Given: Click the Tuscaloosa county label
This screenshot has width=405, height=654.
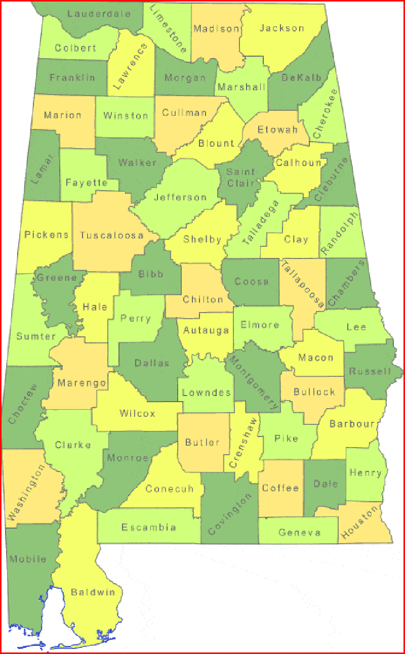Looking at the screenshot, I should point(111,235).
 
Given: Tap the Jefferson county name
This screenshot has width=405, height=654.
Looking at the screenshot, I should point(180,197).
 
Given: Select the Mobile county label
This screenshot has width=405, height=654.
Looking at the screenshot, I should point(27,559).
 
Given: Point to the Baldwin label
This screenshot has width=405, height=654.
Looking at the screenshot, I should point(93,592).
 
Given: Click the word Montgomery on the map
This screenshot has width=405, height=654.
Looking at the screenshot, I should point(253,382).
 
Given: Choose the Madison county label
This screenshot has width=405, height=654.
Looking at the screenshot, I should point(216,29).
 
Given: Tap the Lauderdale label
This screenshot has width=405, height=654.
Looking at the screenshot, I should point(99,14).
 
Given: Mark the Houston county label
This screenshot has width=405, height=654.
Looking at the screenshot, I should point(360,522).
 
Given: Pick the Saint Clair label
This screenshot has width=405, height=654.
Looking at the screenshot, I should point(241,177).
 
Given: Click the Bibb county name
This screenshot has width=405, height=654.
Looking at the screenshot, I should point(151,274).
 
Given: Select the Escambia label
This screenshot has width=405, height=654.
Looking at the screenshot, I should point(149,528).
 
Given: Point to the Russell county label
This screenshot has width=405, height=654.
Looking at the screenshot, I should point(371,371).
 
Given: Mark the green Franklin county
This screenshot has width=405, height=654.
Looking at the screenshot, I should point(72,77).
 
